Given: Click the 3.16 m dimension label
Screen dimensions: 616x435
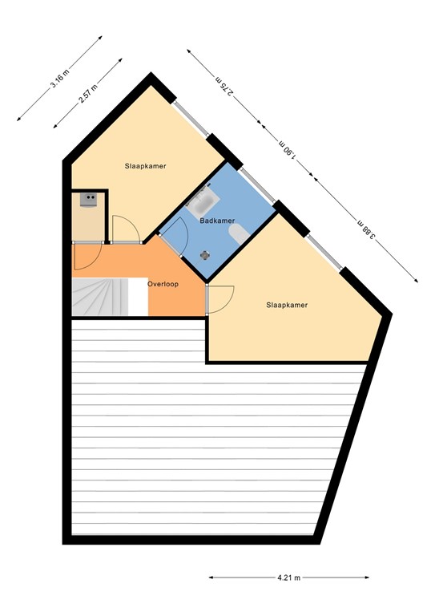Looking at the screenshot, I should click(58, 78).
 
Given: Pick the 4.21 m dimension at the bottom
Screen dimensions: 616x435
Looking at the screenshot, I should click(289, 577).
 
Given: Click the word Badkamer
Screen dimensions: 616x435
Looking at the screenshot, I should click(217, 221).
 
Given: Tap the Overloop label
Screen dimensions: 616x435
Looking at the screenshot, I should click(163, 284).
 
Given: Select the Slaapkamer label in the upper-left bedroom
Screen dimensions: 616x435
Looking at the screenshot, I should click(145, 166).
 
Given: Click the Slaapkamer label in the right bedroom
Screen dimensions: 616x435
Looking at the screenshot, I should click(287, 305).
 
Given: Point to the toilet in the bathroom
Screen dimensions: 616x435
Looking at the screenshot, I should click(238, 233).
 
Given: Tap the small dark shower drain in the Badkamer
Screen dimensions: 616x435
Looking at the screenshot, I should click(205, 254).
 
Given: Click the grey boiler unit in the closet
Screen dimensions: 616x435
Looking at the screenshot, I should click(87, 201).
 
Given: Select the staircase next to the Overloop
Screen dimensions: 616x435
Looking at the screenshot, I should click(99, 297).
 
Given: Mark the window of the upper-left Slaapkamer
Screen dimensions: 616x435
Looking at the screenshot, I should click(193, 120).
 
